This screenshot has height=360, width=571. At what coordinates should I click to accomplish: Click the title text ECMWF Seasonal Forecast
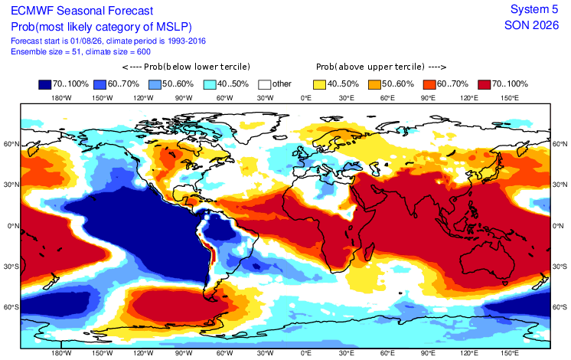tap(82, 11)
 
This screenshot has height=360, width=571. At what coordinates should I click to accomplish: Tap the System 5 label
tap(534, 9)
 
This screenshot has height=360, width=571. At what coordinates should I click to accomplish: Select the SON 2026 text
tap(531, 25)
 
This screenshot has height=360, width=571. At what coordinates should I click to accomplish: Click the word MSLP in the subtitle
tap(172, 27)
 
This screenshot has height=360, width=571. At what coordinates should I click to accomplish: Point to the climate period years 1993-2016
tap(187, 41)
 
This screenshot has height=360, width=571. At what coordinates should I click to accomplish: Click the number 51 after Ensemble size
tap(76, 52)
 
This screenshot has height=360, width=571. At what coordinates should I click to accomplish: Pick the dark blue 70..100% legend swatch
tap(45, 84)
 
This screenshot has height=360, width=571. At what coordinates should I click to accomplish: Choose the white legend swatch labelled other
tap(264, 84)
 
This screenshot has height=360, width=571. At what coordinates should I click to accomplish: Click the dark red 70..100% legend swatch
tap(485, 84)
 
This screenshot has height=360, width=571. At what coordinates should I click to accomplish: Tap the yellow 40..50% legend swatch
tap(319, 84)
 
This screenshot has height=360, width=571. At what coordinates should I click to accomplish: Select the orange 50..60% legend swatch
tap(374, 84)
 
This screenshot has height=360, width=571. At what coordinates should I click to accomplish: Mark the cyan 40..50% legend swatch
tap(210, 84)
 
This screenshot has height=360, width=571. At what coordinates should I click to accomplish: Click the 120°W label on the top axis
tap(143, 97)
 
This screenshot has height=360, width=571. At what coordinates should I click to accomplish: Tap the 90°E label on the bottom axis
tap(428, 353)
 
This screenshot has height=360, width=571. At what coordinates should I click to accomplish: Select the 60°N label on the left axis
tap(11, 144)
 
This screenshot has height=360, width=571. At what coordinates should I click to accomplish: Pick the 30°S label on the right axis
tap(560, 267)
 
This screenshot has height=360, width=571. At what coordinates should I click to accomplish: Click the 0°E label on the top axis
tap(306, 97)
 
